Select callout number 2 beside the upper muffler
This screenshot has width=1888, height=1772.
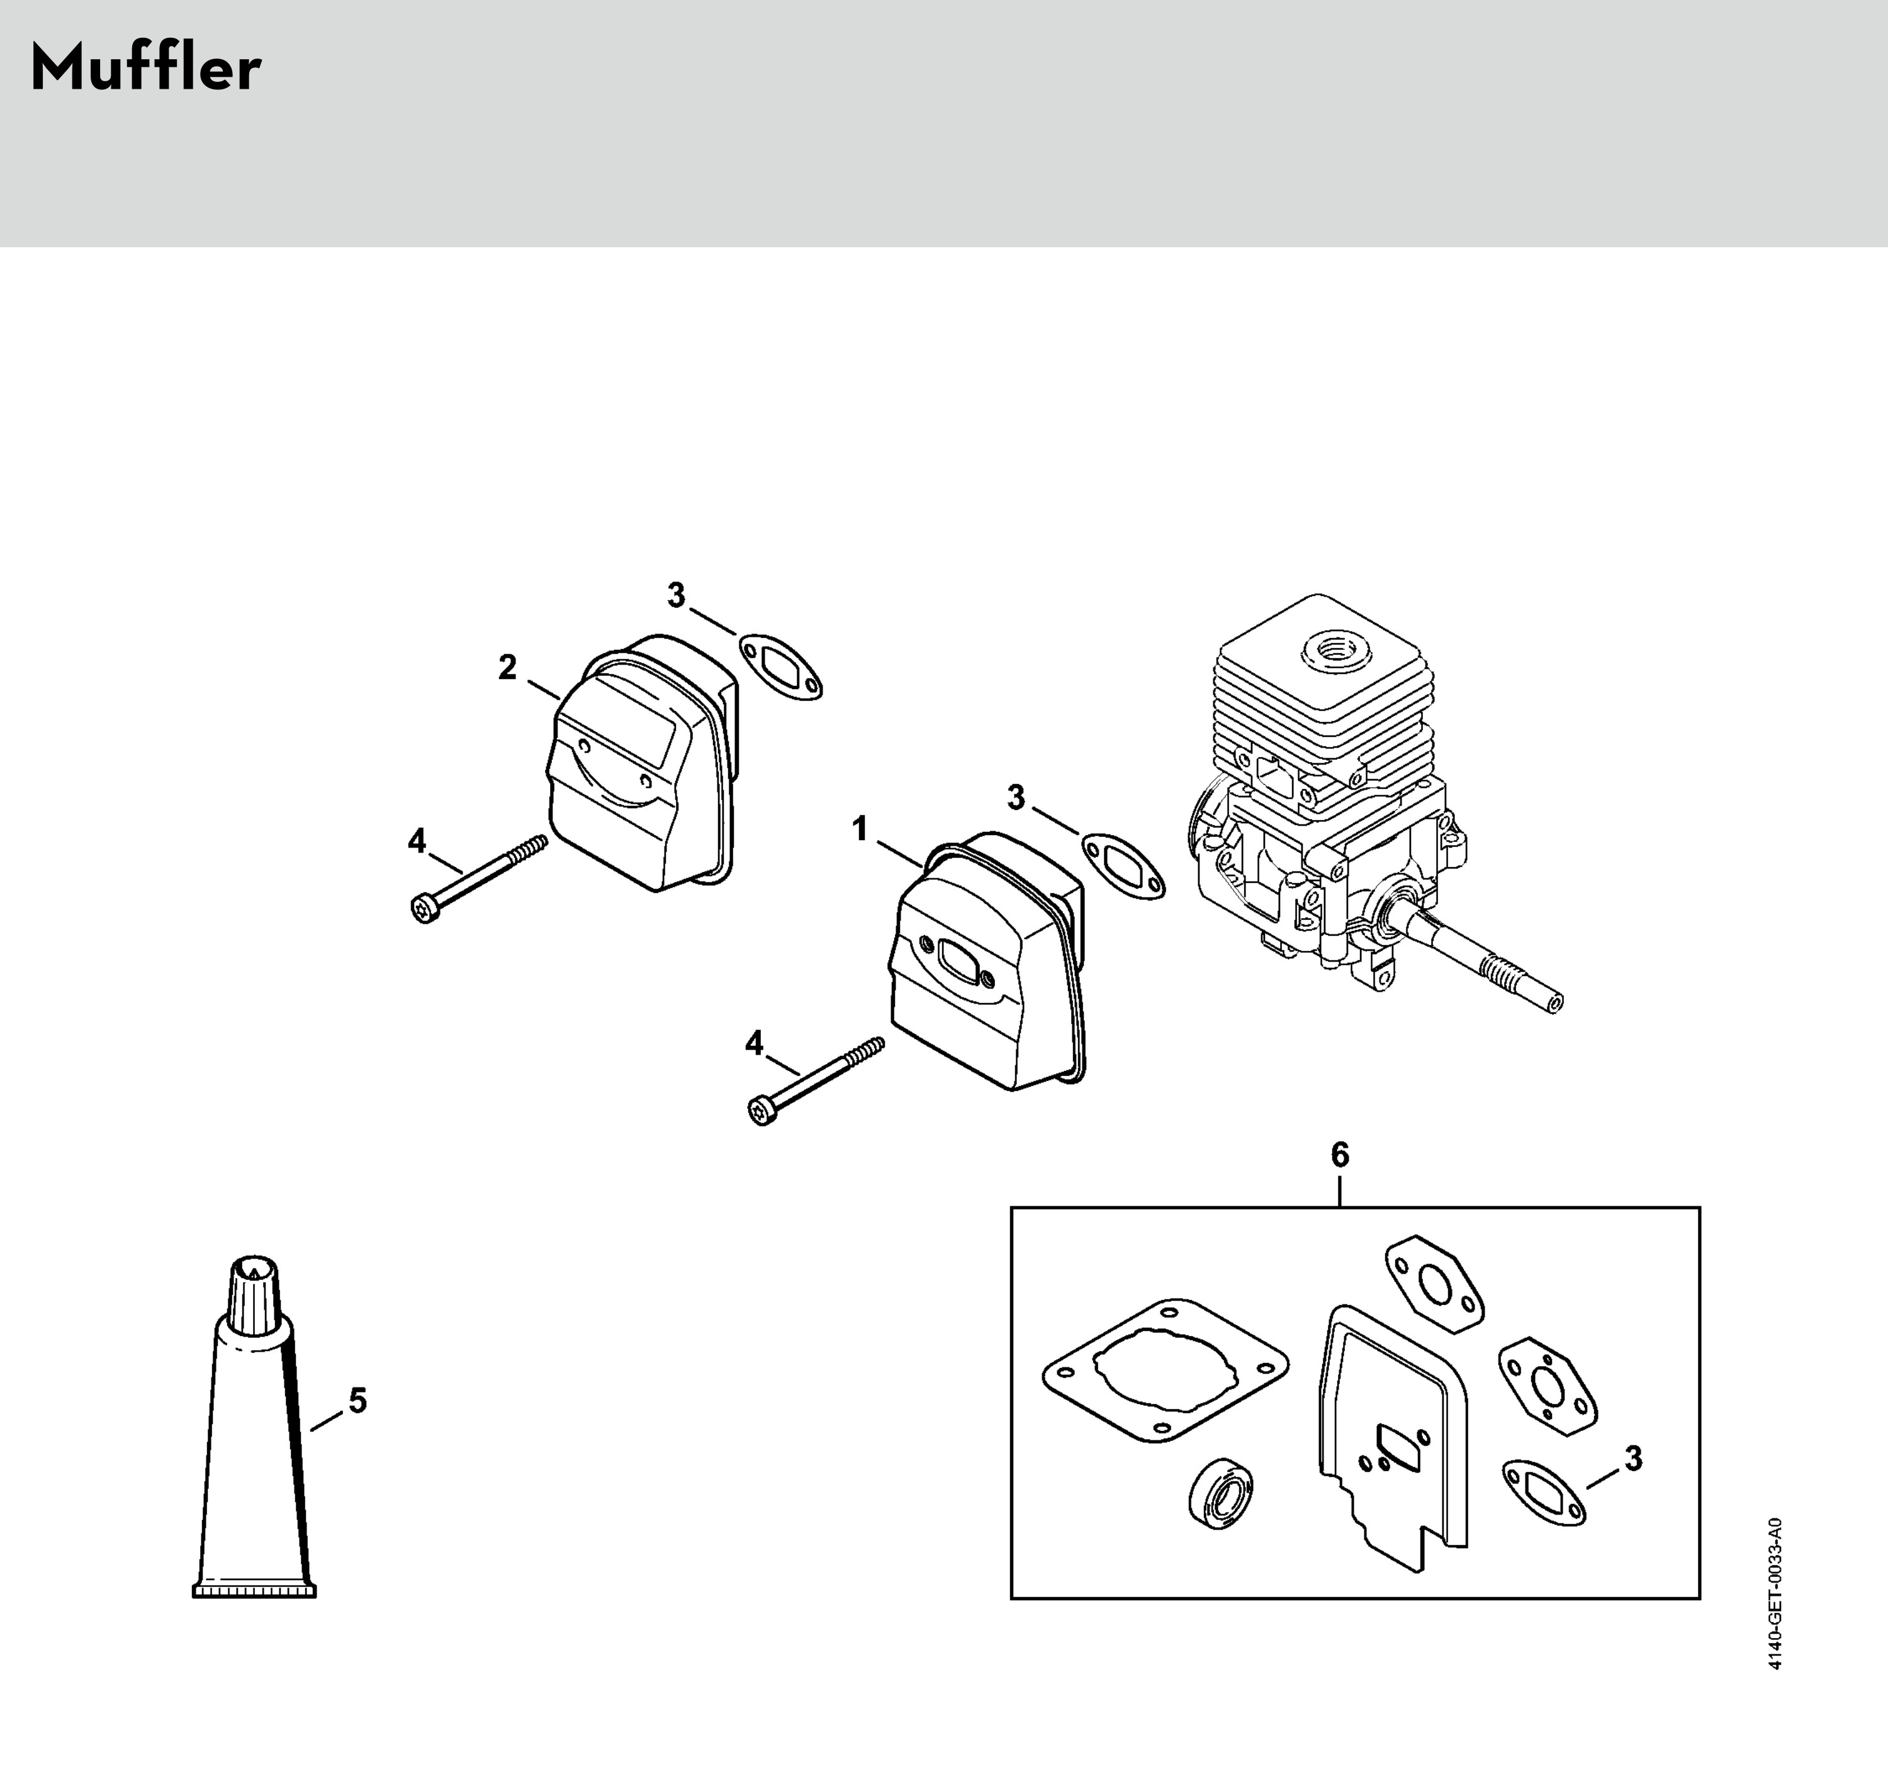coord(507,668)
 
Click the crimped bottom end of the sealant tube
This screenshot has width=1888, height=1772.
coord(254,1591)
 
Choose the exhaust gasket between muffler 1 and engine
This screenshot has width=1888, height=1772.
coord(1123,866)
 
